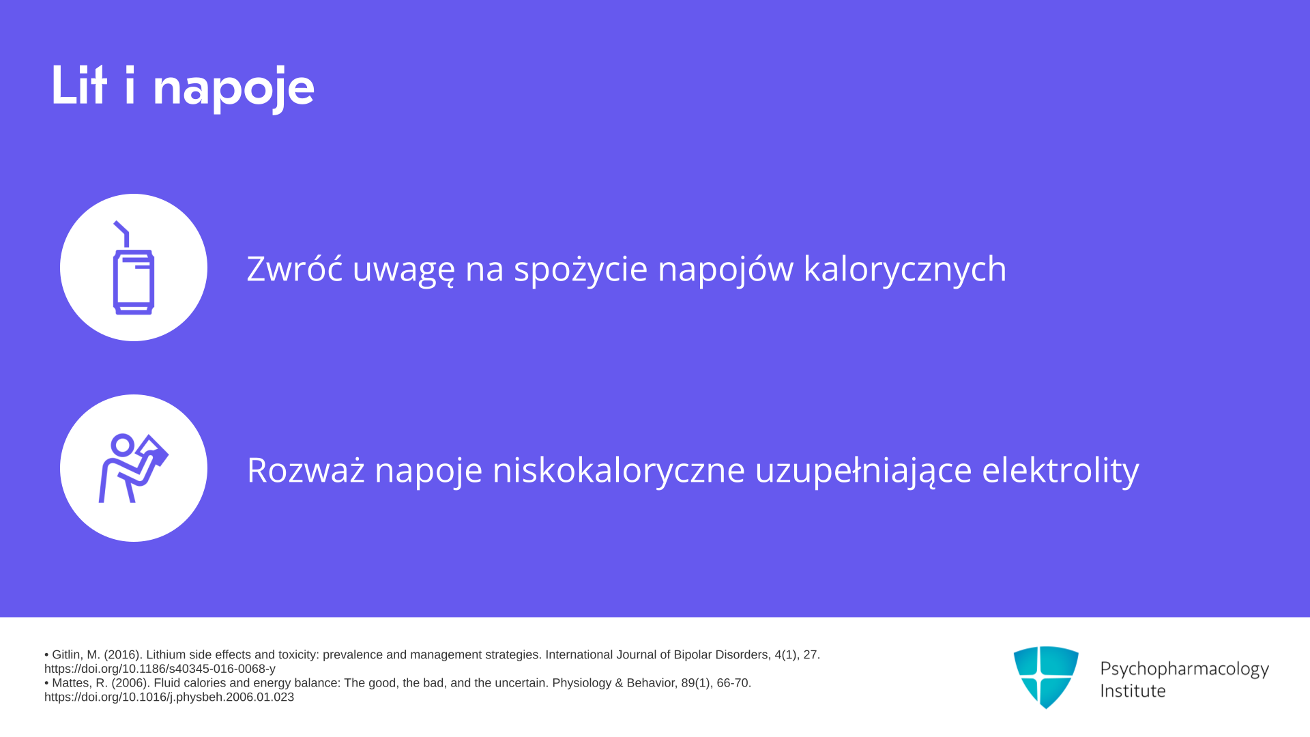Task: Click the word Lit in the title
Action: [x=79, y=85]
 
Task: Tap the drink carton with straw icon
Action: [x=133, y=268]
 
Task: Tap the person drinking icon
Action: [x=133, y=469]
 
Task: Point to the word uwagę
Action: [x=403, y=271]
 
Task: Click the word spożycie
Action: [x=581, y=271]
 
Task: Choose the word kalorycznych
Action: [x=905, y=271]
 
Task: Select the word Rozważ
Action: [x=306, y=470]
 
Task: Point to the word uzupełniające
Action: [x=863, y=472]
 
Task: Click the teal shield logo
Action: [x=1046, y=677]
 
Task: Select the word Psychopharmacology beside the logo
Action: [x=1184, y=669]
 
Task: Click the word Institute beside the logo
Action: [x=1133, y=691]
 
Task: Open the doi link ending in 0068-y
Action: [x=160, y=669]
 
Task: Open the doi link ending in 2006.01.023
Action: [x=169, y=697]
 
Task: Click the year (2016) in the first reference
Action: [x=123, y=655]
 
